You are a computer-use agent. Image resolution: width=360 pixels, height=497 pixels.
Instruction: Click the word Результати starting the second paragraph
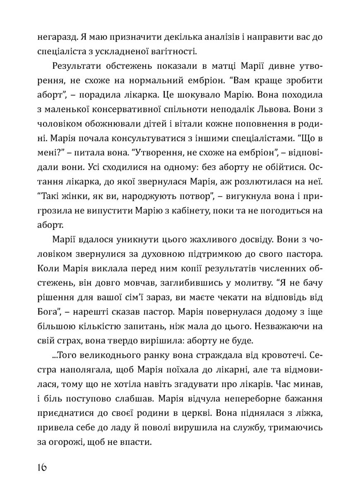click(79, 67)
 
